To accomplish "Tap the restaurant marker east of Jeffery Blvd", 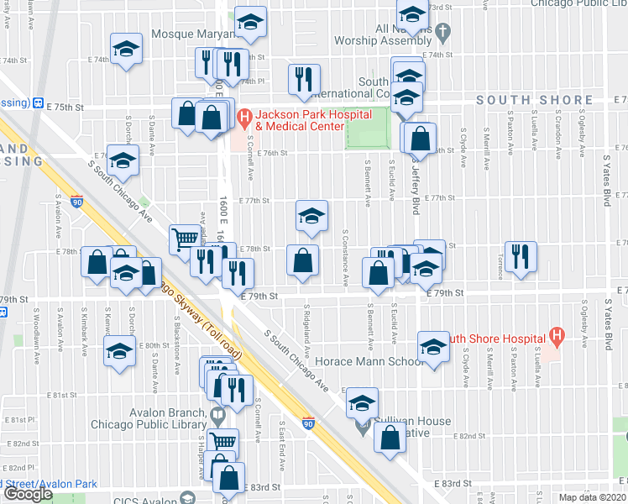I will (521, 255).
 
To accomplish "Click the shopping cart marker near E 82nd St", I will (222, 441).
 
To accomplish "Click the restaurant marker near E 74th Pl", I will (303, 79).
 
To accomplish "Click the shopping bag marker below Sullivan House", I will (390, 438).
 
